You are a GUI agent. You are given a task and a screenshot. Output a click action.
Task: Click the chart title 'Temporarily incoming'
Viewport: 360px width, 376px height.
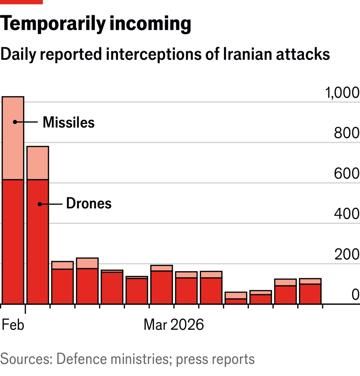(82, 21)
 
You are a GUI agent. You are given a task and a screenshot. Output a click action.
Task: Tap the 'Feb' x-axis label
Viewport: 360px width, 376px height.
(13, 325)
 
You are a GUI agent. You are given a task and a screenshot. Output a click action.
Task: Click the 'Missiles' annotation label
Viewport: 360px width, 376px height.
(68, 122)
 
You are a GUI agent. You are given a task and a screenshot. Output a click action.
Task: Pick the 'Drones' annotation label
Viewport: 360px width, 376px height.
(88, 203)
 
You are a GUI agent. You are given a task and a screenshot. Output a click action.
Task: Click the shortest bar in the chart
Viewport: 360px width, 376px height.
(236, 298)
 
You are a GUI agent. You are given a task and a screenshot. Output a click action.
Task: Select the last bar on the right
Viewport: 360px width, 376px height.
(310, 292)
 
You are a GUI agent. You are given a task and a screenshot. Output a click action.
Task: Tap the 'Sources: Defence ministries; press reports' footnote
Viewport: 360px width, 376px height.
(128, 358)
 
